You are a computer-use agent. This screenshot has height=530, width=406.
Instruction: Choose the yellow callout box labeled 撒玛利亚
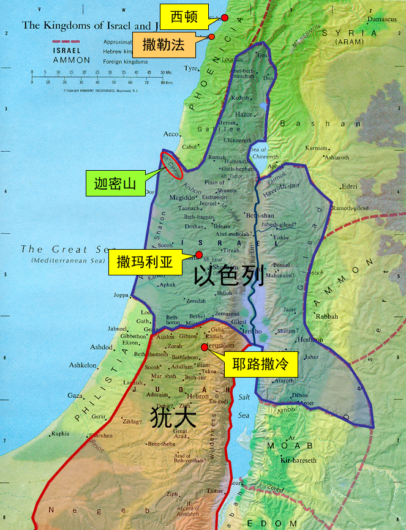[146, 264]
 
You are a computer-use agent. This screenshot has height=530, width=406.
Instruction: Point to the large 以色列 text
[228, 277]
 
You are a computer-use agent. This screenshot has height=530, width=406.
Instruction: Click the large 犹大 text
[173, 418]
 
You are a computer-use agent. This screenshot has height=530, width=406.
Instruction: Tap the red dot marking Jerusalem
[205, 346]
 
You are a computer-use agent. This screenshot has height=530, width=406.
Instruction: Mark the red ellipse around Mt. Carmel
[171, 165]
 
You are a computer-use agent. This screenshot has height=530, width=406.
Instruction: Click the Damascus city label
[383, 20]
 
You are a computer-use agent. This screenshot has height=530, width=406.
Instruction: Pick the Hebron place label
[198, 396]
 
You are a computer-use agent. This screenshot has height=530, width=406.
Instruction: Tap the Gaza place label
[74, 395]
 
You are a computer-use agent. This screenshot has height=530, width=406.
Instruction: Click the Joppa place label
[121, 295]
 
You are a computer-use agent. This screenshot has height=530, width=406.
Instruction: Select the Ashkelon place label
[83, 365]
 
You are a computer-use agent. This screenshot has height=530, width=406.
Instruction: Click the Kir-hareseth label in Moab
[299, 460]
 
